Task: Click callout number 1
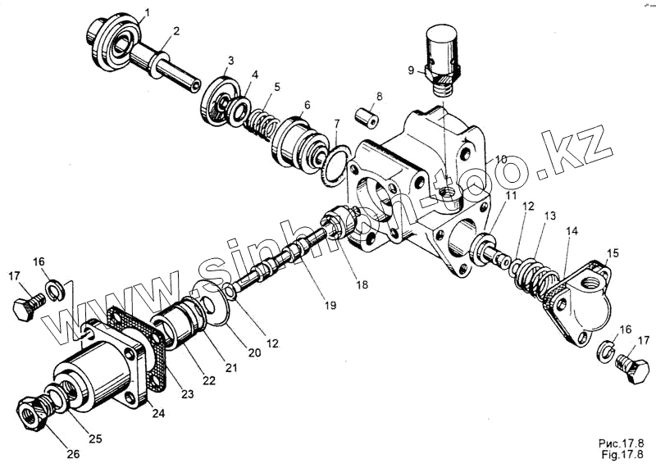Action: [147, 12]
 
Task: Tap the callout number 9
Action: [411, 70]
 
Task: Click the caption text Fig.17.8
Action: [627, 453]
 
